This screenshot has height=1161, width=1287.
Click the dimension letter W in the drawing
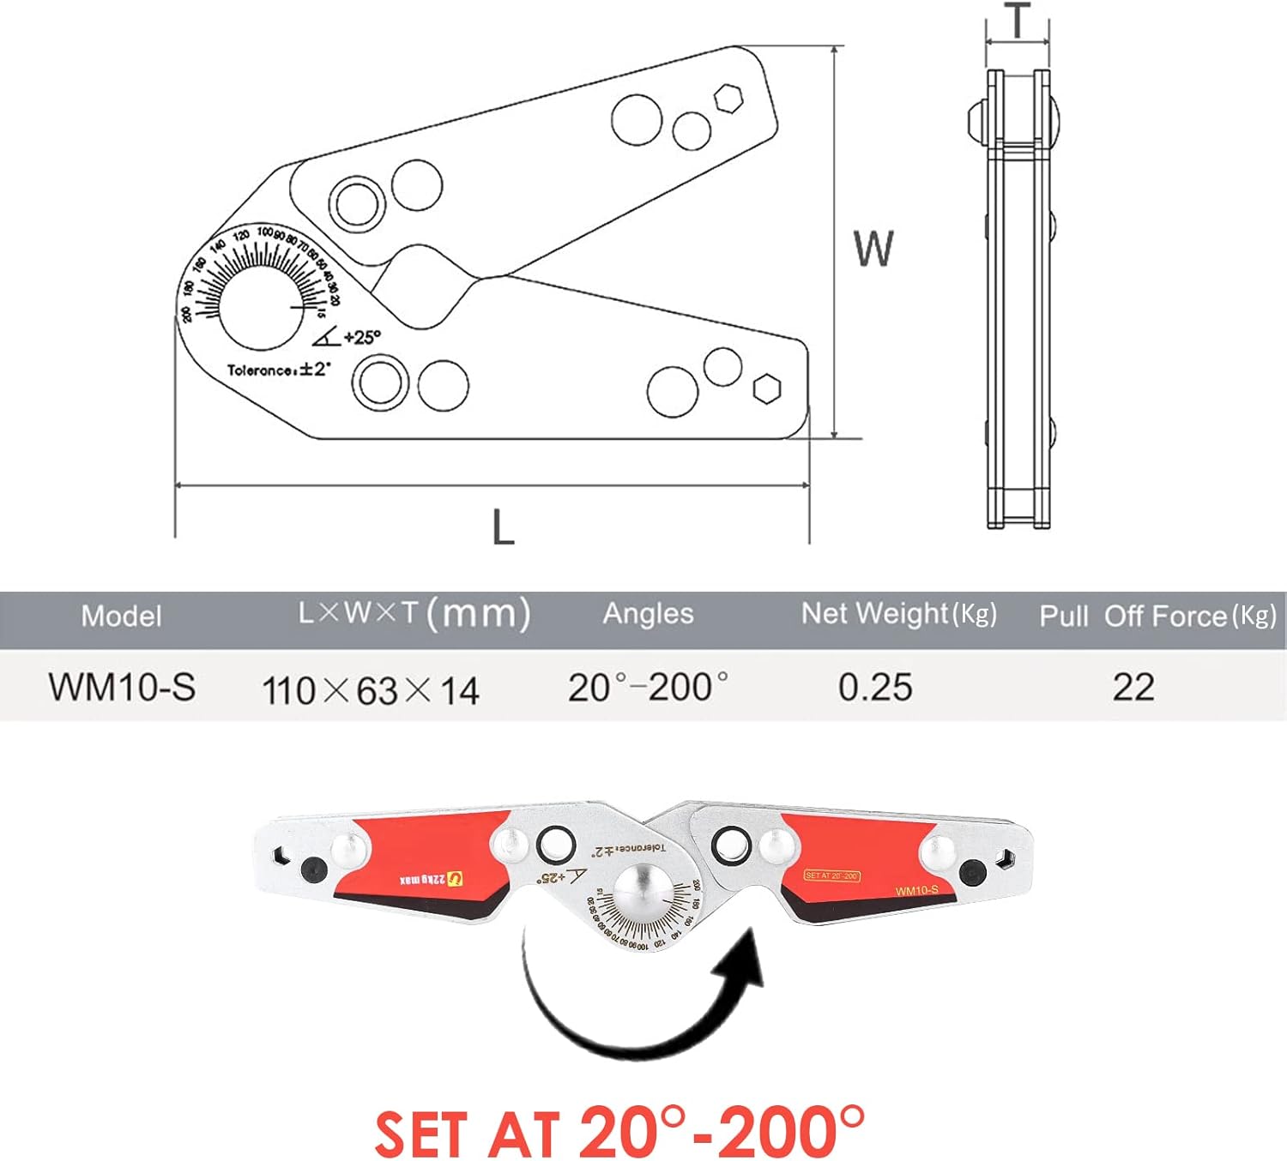(x=873, y=249)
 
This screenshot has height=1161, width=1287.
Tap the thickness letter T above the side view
(x=1017, y=21)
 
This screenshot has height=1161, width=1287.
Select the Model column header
(x=121, y=617)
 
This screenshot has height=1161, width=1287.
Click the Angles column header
(x=648, y=614)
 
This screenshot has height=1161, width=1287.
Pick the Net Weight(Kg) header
(x=898, y=614)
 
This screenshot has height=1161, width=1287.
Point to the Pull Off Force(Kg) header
(x=1157, y=617)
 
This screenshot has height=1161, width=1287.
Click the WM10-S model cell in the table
(x=122, y=688)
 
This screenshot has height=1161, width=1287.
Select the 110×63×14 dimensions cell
(x=371, y=690)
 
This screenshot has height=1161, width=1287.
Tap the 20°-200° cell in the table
(x=648, y=688)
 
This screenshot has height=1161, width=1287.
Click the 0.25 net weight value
(x=875, y=688)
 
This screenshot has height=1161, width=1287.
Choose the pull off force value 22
(x=1133, y=688)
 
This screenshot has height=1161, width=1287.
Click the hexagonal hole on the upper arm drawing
(x=728, y=99)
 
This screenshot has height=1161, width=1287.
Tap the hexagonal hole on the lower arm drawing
(x=766, y=388)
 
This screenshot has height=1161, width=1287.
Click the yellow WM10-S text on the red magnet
(x=916, y=891)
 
